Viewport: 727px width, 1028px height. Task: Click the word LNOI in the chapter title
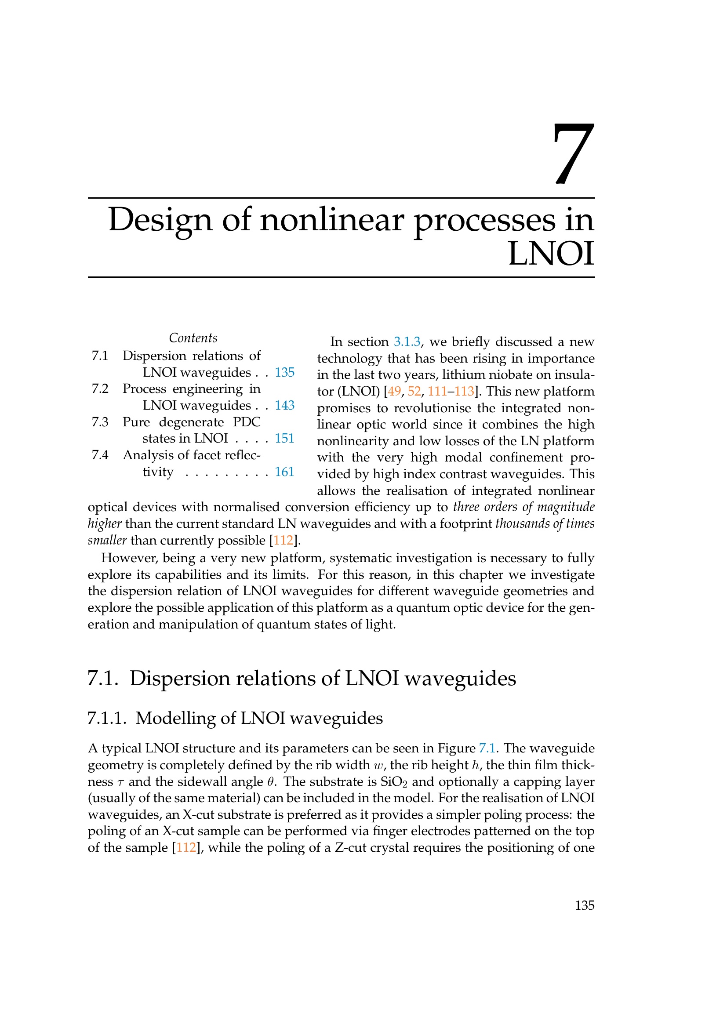[551, 254]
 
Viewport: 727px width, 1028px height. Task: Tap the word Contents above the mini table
[193, 338]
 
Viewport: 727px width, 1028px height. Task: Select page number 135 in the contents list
[284, 372]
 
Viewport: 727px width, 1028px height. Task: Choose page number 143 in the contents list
[284, 405]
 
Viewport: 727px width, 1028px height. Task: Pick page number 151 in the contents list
[284, 438]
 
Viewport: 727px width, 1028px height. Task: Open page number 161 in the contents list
[284, 472]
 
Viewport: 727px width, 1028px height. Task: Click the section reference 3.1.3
[407, 342]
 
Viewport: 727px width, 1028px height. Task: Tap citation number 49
[394, 392]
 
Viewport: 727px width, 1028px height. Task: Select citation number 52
[414, 392]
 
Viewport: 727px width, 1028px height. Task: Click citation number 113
[464, 392]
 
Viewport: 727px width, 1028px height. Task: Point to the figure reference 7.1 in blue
[487, 748]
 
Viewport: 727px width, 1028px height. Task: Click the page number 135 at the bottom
[584, 905]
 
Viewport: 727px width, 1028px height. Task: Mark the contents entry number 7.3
[100, 422]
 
